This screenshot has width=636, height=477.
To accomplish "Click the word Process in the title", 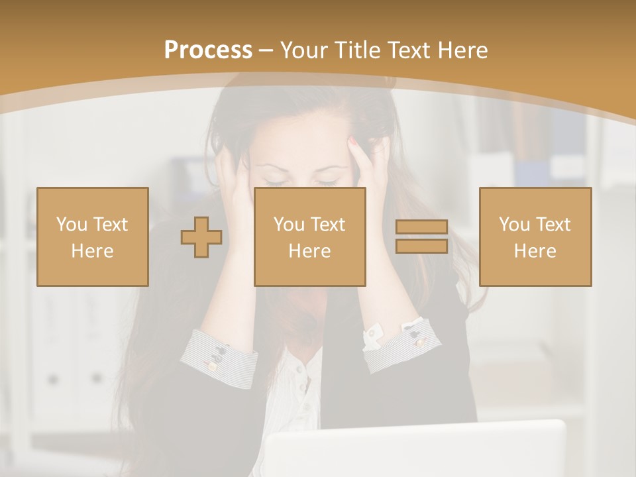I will [x=208, y=50].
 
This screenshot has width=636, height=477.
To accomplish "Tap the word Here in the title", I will [x=462, y=50].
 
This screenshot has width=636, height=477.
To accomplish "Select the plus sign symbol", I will [x=201, y=237].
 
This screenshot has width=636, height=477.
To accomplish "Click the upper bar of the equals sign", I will [x=421, y=227].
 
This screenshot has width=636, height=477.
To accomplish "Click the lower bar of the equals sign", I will [x=421, y=246].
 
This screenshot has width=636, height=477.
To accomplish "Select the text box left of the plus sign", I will [x=93, y=237].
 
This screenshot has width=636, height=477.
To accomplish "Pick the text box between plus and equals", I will [x=309, y=237].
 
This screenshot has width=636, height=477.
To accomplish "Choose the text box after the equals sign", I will [x=535, y=237].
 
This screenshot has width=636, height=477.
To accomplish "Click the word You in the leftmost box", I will [x=70, y=225].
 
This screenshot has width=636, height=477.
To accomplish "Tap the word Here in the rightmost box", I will [x=535, y=250].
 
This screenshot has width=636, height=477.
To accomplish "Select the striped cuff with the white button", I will [x=397, y=341].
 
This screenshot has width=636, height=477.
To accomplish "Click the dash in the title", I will [x=266, y=50].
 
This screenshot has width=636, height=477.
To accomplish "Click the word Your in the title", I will [x=305, y=50].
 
